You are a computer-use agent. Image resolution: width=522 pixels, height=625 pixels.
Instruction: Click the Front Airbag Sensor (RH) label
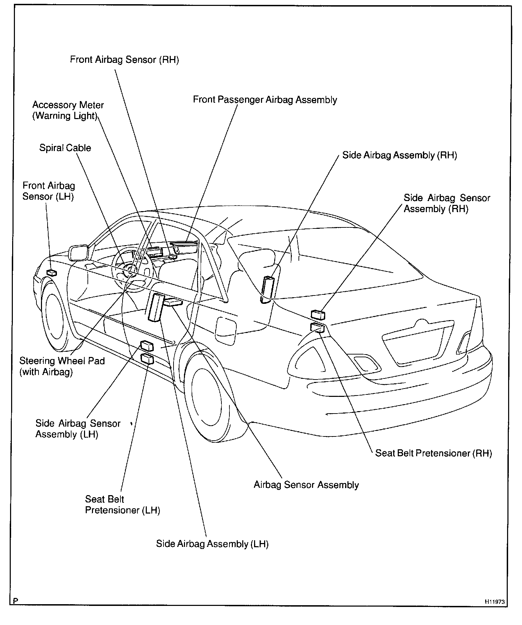(124, 60)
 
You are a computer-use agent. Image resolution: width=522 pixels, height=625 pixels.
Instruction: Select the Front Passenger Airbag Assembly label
(265, 100)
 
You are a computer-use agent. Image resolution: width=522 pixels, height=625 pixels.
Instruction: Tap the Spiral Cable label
(65, 148)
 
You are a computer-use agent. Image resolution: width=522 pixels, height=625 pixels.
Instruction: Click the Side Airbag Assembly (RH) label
(399, 155)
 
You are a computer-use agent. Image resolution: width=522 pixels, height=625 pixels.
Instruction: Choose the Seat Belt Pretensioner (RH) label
(433, 453)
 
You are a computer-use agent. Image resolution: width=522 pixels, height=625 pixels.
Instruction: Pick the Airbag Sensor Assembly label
(306, 485)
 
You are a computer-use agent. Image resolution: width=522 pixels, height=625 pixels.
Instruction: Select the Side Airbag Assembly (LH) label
(212, 544)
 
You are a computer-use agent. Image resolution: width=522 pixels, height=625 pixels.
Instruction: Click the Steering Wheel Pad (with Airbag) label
(62, 366)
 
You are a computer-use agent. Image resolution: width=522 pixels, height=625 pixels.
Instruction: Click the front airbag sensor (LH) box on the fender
(51, 273)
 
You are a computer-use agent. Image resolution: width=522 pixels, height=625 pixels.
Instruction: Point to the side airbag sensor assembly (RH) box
(318, 315)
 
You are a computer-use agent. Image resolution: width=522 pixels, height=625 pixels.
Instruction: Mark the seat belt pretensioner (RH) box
(317, 327)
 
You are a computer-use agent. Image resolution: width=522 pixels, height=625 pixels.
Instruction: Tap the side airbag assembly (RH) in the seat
(267, 289)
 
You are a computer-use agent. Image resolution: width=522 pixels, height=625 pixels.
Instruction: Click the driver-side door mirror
(79, 252)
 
